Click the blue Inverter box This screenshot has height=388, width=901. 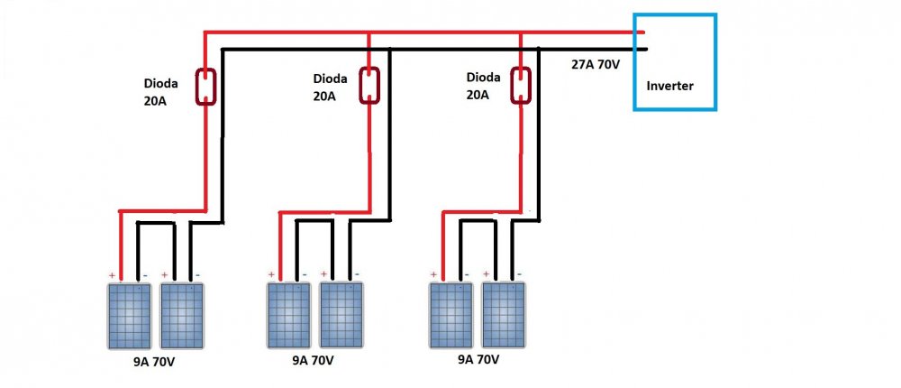pos(674,61)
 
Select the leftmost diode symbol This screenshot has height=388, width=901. pos(206,87)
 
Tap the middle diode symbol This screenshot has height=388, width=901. pos(369,85)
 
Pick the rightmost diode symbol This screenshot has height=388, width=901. pos(520,85)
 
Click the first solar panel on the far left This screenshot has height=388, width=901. pos(130,316)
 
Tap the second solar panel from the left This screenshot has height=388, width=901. pos(182,316)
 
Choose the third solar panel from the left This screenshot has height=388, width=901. pos(288,316)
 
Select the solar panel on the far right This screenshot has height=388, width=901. pos(503,316)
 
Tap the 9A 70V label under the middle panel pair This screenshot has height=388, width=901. pos(313,360)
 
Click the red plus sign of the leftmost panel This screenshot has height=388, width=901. pos(112,274)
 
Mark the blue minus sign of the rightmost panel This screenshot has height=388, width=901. pos(520,273)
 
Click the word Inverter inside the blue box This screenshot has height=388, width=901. pos(669,87)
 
